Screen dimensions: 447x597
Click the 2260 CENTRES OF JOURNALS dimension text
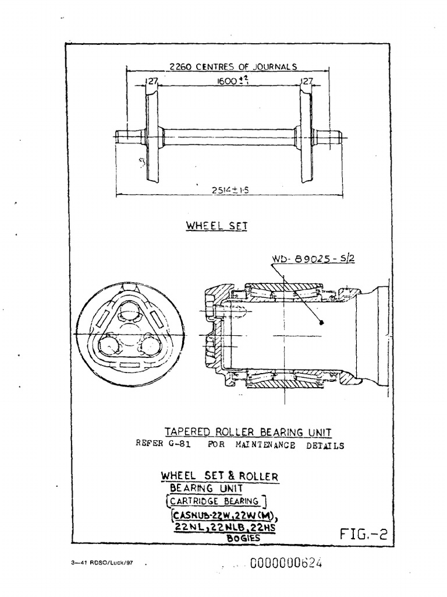232,66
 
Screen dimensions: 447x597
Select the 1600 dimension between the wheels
225,82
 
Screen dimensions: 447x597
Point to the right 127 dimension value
307,82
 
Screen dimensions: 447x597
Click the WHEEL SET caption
217,226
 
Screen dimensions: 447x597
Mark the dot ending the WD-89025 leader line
321,321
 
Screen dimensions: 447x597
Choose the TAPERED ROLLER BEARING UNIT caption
248,432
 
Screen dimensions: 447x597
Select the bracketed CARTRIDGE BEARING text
216,500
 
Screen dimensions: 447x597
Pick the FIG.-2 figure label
363,535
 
